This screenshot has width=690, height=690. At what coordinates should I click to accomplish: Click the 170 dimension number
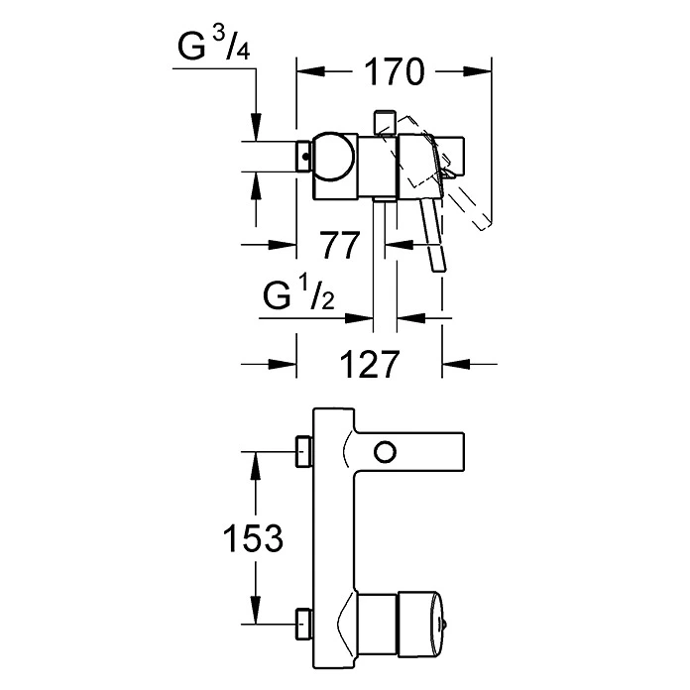click(x=394, y=71)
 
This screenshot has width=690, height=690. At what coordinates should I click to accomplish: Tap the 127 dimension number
click(x=368, y=364)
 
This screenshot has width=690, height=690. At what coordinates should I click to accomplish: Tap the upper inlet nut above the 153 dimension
click(x=304, y=453)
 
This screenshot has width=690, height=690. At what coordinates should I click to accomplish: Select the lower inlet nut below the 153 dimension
click(x=304, y=624)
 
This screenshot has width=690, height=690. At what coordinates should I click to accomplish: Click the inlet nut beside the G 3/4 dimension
click(x=304, y=156)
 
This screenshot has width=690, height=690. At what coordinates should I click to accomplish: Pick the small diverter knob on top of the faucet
click(x=383, y=121)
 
